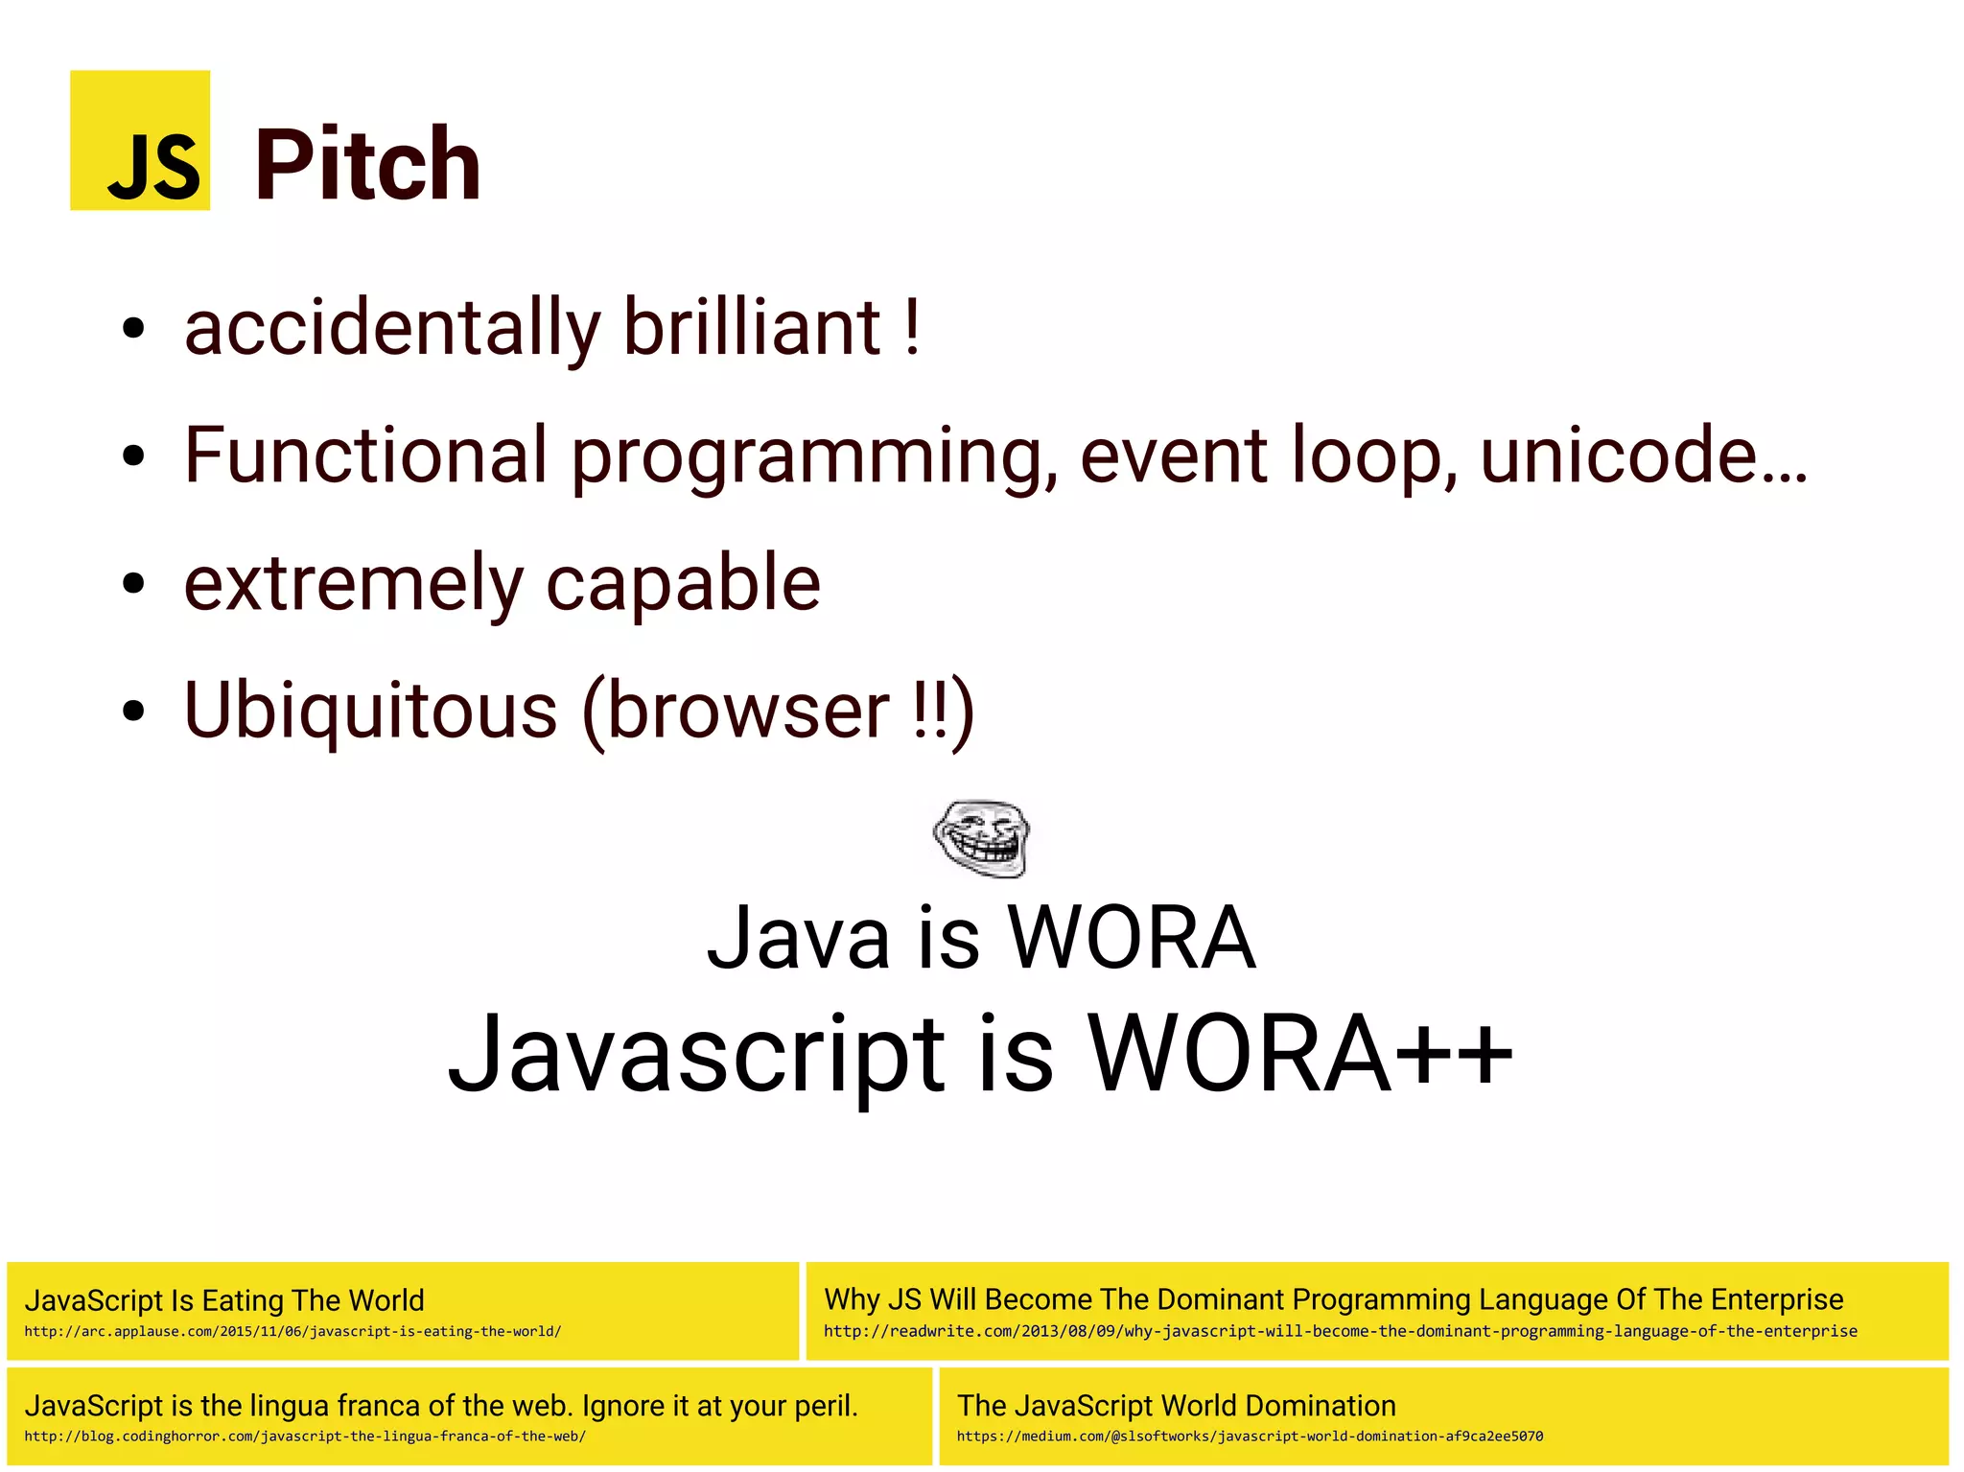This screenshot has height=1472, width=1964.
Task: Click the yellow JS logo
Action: [140, 140]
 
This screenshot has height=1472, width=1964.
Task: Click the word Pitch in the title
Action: [367, 165]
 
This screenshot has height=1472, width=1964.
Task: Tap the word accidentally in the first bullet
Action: [391, 328]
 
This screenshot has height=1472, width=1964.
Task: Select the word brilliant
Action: [752, 328]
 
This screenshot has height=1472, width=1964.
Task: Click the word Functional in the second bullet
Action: [365, 456]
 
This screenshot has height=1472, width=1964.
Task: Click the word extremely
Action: [353, 585]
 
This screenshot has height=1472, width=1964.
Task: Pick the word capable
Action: [683, 585]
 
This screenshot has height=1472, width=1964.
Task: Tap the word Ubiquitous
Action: [370, 712]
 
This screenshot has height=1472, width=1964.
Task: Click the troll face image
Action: [981, 837]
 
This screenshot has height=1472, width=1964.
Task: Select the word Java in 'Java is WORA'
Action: [798, 938]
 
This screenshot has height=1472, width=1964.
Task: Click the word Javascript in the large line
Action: [698, 1055]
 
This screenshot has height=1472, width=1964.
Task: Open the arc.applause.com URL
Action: [292, 1331]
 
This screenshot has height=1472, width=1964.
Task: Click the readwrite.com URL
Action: [1340, 1331]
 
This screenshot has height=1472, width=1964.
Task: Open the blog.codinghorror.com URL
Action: [305, 1437]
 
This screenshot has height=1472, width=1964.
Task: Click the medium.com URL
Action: [1250, 1437]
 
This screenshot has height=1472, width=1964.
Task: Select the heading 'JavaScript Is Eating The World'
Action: [224, 1300]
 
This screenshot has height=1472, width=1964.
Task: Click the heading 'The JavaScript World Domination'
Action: [1176, 1406]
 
